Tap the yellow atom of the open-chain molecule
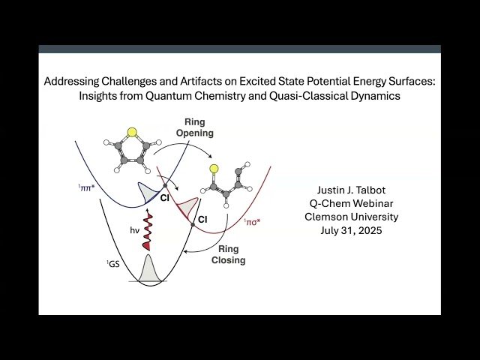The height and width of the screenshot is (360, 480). pyautogui.click(x=214, y=168)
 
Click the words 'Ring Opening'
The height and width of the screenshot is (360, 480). pyautogui.click(x=195, y=127)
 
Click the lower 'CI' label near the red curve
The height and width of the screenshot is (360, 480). pyautogui.click(x=202, y=219)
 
